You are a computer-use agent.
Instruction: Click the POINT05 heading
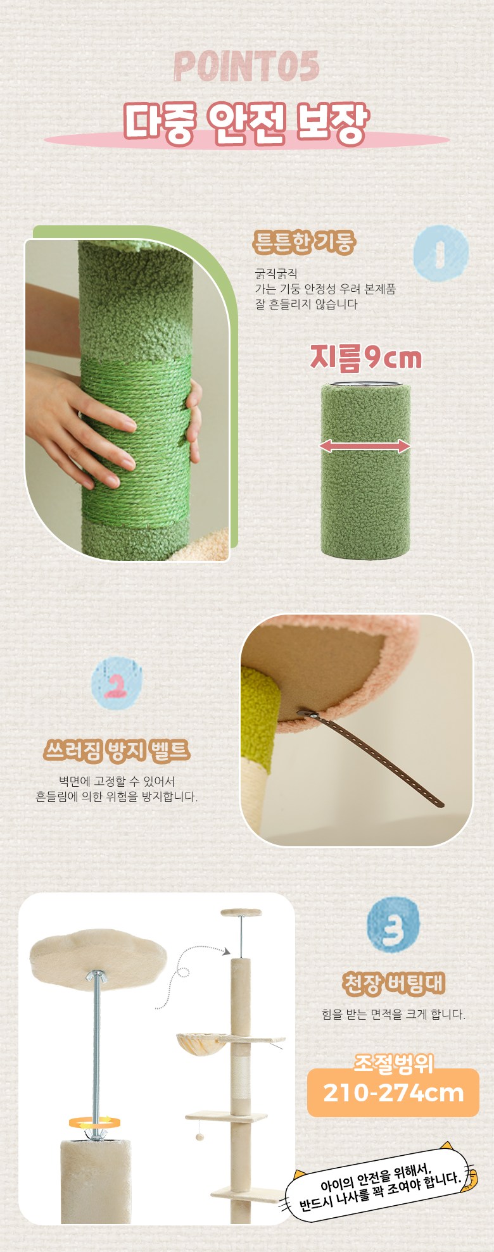point(246,67)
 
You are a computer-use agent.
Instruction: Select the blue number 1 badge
point(441,253)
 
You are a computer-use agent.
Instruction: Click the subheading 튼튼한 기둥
point(304,242)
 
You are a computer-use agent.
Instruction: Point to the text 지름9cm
point(365,357)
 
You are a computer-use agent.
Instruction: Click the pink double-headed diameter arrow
point(365,446)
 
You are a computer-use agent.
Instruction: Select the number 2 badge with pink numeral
point(117,683)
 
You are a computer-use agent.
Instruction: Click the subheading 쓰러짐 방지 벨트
point(117,751)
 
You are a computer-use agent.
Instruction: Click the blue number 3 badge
point(393,924)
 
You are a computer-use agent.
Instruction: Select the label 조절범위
point(393,1063)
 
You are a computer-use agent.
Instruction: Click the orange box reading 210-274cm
point(393,1092)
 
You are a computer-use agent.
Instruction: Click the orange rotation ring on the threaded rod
point(95,1123)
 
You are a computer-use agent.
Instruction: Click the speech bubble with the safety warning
point(380,1181)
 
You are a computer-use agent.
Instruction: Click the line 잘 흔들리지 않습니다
point(307,304)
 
